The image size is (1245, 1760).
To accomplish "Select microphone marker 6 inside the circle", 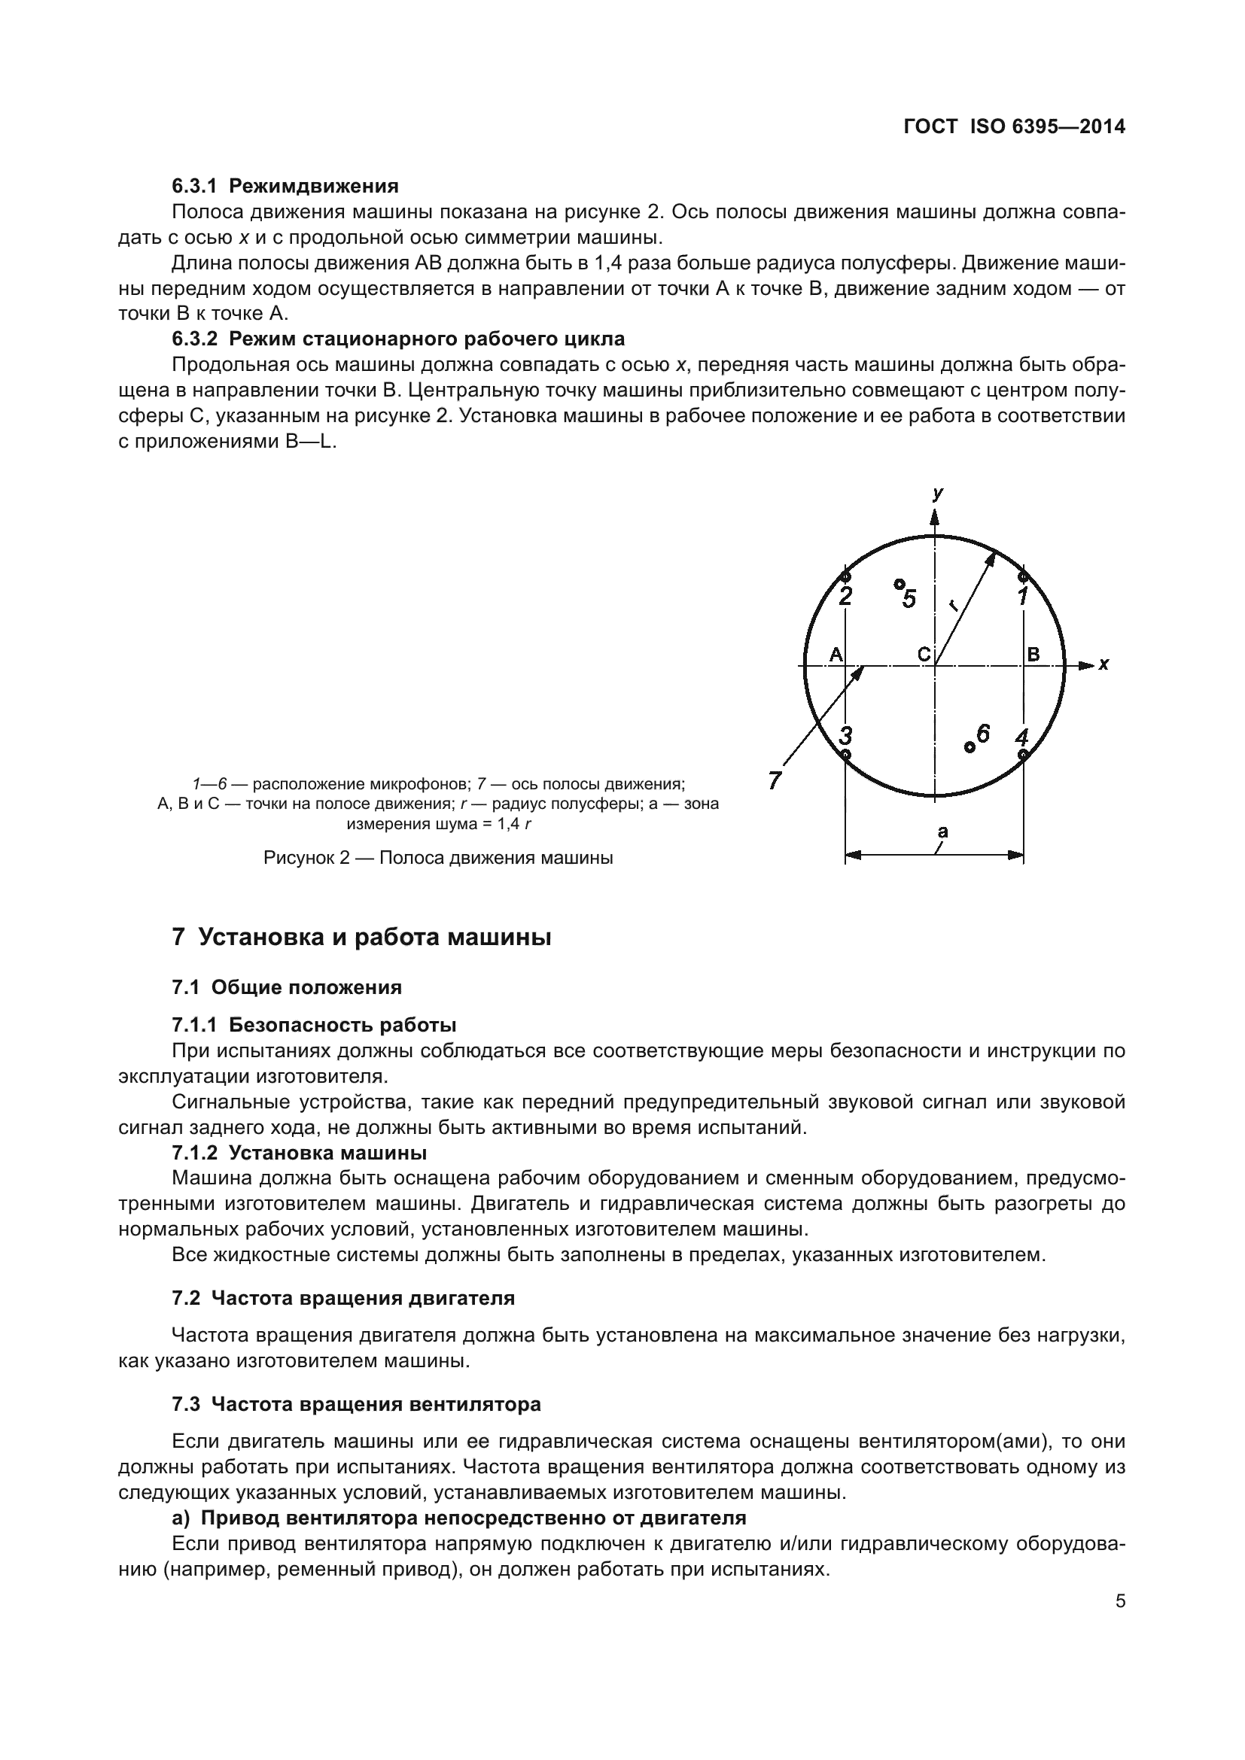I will (969, 746).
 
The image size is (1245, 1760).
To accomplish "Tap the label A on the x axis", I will (836, 654).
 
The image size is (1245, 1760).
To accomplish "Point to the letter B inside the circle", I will (1033, 654).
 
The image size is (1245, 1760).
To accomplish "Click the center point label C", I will (924, 654).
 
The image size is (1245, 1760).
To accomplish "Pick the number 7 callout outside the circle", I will (775, 781).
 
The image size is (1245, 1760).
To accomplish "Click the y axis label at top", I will (938, 494).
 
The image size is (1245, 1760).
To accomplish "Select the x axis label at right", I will (1103, 664).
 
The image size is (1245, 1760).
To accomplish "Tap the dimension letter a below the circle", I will (942, 831).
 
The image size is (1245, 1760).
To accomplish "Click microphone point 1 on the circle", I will (1022, 576).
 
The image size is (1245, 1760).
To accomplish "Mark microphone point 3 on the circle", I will (845, 754).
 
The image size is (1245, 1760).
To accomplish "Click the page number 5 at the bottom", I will (1120, 1600).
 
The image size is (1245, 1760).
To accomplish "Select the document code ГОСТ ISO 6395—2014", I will (1014, 127).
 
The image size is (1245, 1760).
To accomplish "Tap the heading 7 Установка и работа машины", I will (362, 937).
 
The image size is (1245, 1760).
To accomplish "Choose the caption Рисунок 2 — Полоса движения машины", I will (438, 857).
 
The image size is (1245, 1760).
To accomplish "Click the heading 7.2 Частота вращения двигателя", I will (343, 1298).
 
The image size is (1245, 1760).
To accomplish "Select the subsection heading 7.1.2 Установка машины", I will (299, 1152).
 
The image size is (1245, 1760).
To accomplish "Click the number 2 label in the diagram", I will (845, 596).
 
